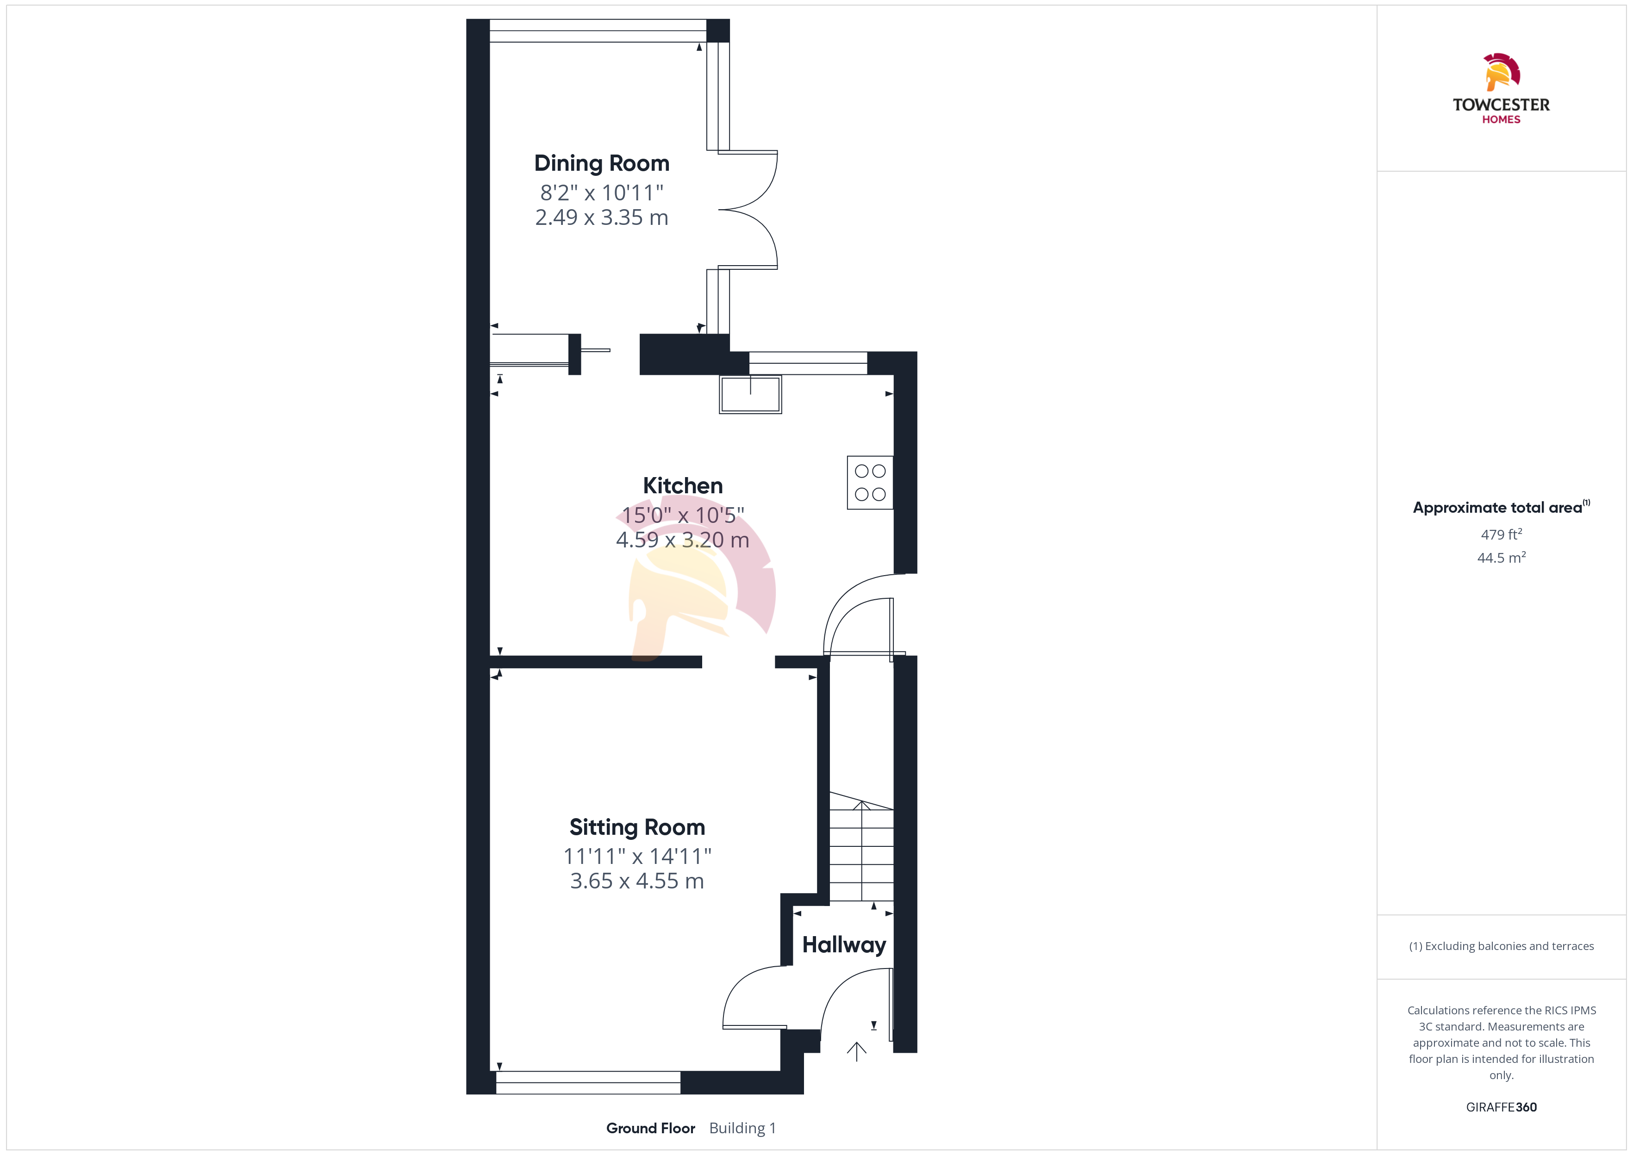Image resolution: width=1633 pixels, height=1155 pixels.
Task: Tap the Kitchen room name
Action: pos(683,486)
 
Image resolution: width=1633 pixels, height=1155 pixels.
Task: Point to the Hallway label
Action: pos(844,945)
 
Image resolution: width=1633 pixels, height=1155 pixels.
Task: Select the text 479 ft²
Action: pos(1502,534)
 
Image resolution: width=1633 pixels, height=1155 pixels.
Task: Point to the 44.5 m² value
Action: pos(1502,558)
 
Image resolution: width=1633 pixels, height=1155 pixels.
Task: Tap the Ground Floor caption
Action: pos(651,1128)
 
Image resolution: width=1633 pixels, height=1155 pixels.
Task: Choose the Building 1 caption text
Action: pos(742,1128)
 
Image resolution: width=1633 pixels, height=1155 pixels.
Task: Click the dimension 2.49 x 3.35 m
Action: pos(602,217)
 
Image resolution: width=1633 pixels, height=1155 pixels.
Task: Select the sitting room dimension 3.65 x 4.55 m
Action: pos(637,881)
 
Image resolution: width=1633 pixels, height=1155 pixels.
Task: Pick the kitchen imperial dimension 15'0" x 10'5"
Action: pos(683,515)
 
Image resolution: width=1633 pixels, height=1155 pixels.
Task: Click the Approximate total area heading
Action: pos(1502,507)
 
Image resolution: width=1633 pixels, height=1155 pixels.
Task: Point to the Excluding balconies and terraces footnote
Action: pos(1502,946)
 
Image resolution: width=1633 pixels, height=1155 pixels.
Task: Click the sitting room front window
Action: pos(588,1082)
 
